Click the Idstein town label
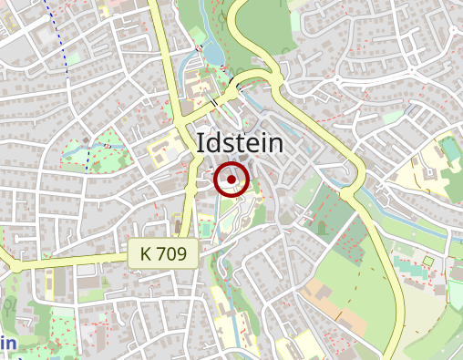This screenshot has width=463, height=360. tap(240, 143)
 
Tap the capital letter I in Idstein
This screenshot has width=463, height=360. tap(201, 143)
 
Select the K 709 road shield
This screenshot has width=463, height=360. tap(163, 254)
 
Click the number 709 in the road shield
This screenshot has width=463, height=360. tap(174, 254)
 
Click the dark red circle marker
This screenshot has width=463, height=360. tap(232, 179)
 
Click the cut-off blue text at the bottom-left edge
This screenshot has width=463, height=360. tap(7, 344)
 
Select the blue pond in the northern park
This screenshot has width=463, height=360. tap(215, 51)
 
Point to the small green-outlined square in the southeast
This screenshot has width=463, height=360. tap(427, 263)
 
